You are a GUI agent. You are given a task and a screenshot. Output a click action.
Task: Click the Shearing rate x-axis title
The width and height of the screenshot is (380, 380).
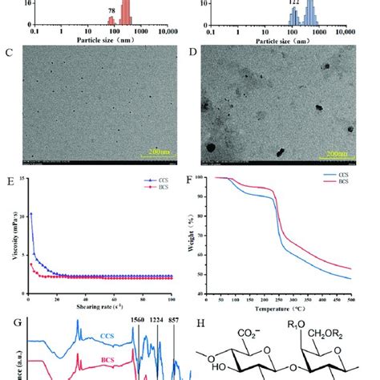[x=101, y=308]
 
